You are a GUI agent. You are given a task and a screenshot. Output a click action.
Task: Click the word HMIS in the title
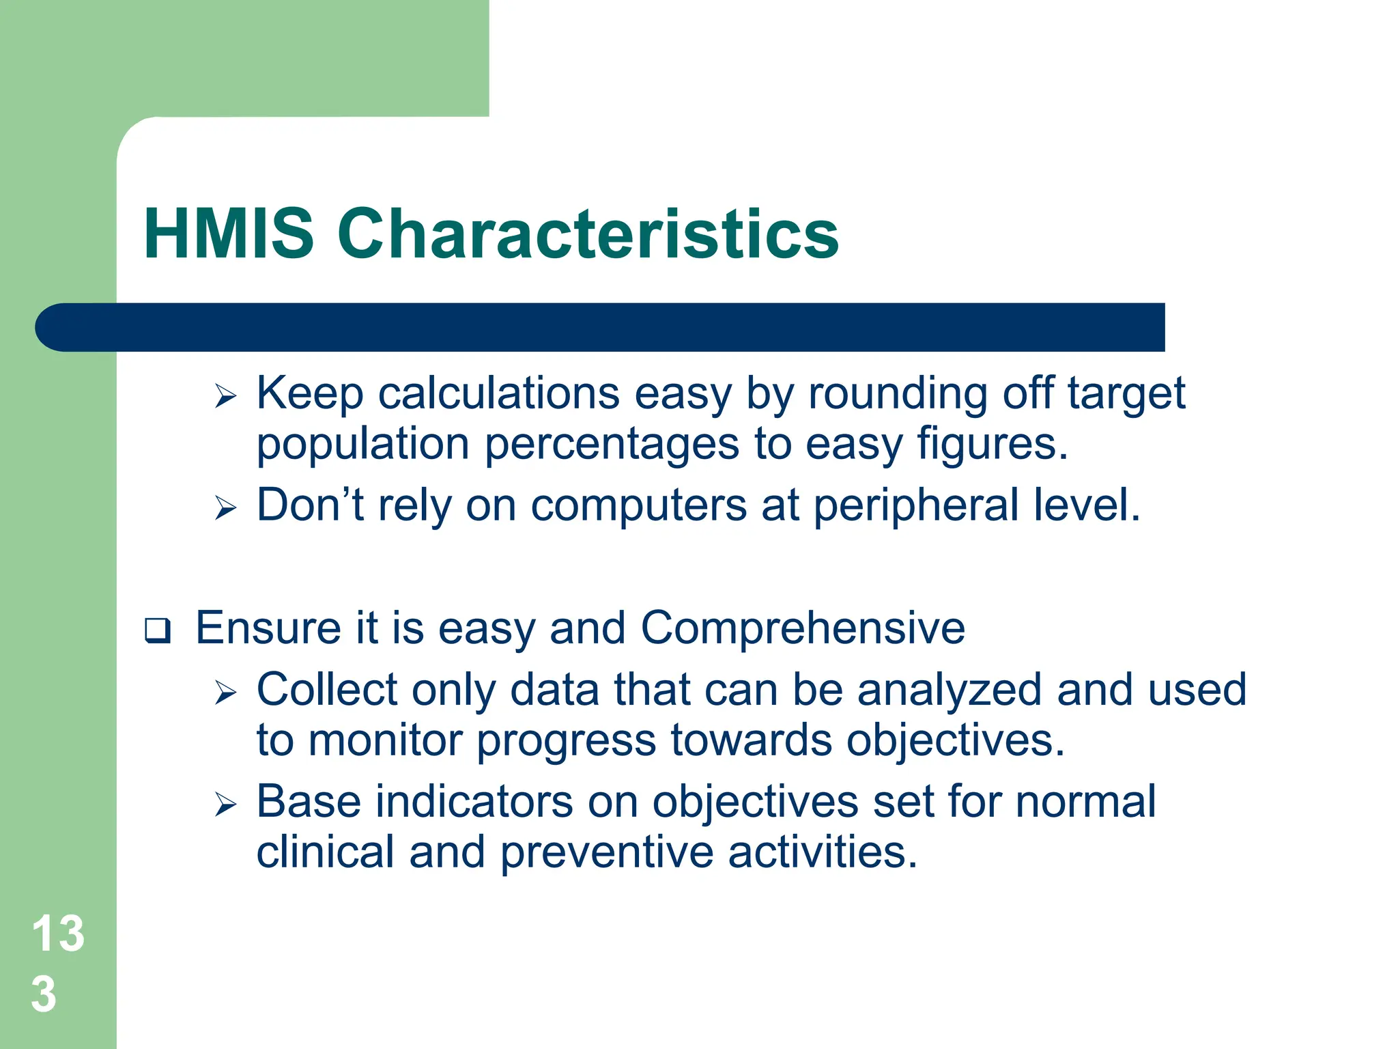(229, 234)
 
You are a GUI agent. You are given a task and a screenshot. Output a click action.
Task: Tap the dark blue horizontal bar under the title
(601, 327)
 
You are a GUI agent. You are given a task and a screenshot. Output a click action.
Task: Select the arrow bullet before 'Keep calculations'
(225, 396)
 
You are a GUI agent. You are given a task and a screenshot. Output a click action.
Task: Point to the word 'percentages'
(612, 445)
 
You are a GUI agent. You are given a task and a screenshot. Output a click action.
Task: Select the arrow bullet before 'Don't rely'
(225, 509)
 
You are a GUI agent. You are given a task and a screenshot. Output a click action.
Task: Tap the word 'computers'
(638, 507)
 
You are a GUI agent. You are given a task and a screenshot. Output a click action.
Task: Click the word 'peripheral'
(916, 507)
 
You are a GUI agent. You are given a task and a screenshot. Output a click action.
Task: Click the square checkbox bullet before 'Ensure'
(158, 630)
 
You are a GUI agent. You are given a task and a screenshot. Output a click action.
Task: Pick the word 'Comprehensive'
(803, 628)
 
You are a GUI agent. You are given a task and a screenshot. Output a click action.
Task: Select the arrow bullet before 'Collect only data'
(225, 693)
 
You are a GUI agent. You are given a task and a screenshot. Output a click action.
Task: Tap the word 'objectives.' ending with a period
(956, 742)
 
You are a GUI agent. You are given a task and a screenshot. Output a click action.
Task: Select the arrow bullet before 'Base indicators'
(225, 805)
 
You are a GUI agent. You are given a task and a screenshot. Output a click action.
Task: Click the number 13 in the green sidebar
(58, 934)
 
